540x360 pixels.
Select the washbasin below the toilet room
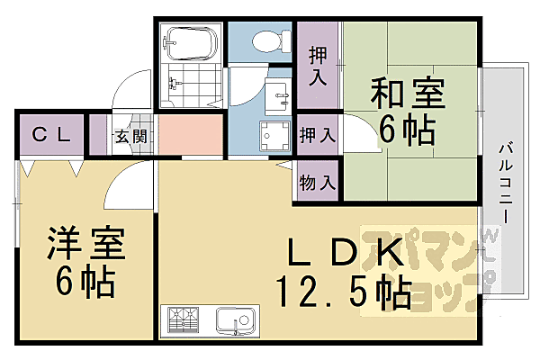pos(278,91)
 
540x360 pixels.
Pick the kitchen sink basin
pos(237,319)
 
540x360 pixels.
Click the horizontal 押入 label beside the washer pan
pos(318,136)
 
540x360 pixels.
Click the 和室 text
pos(400,93)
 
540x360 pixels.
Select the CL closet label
pos(51,135)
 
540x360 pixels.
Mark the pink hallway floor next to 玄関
pos(190,136)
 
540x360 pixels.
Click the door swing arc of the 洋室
pos(124,184)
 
